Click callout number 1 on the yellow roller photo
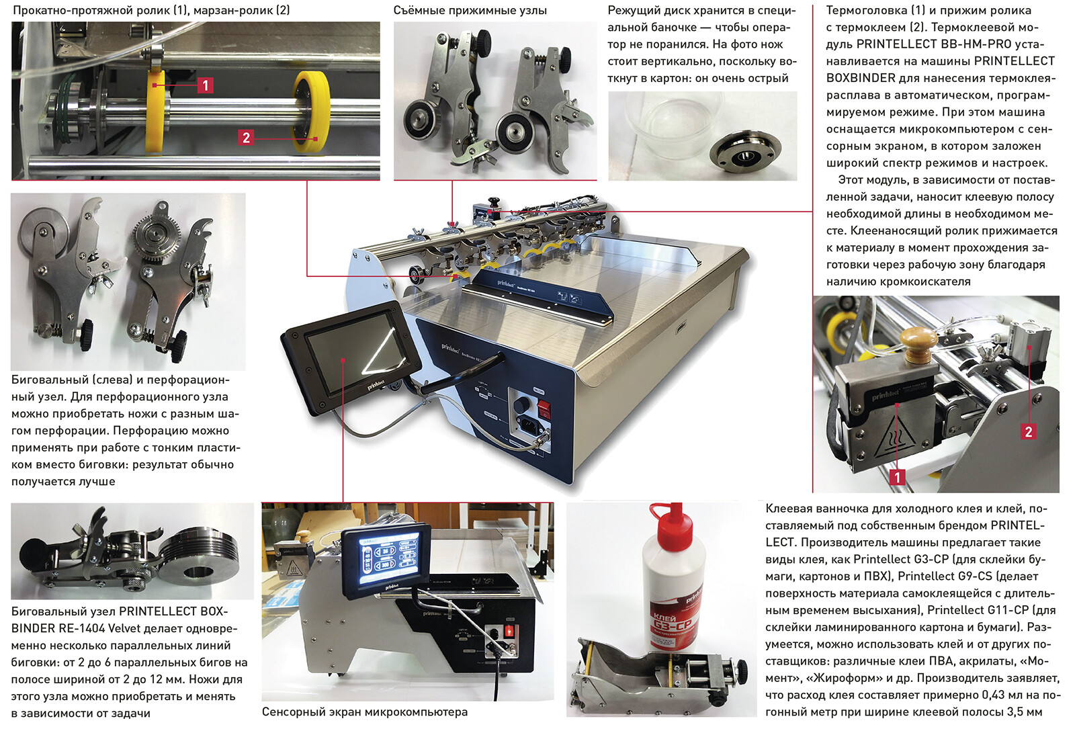[x=206, y=85]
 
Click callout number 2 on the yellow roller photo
[x=246, y=138]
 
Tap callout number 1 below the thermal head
[x=897, y=477]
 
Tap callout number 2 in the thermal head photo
[x=1028, y=431]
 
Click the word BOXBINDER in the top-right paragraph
[x=861, y=78]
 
